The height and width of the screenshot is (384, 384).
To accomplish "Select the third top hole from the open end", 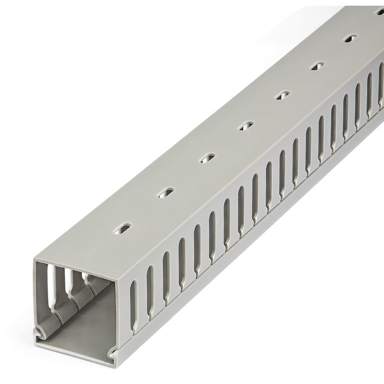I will point(207,157).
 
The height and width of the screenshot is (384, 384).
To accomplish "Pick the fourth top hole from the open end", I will point(245,125).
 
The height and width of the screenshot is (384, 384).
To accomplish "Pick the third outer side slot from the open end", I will point(166,268).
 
